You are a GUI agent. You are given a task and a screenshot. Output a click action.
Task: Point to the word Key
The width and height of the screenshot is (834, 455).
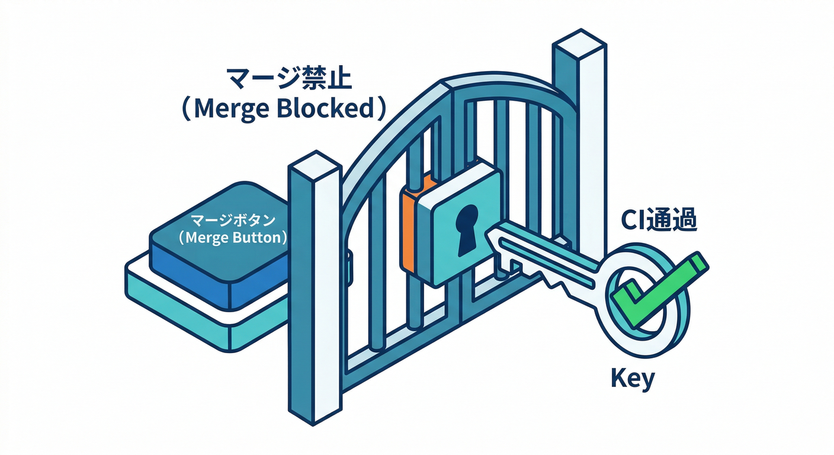(x=633, y=378)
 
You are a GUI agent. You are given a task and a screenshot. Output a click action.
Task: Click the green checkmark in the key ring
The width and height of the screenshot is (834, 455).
(x=657, y=287)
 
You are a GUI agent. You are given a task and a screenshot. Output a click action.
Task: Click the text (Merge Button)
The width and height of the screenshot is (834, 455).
(x=233, y=238)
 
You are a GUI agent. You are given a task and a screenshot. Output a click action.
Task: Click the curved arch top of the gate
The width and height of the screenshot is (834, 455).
(x=503, y=86)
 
